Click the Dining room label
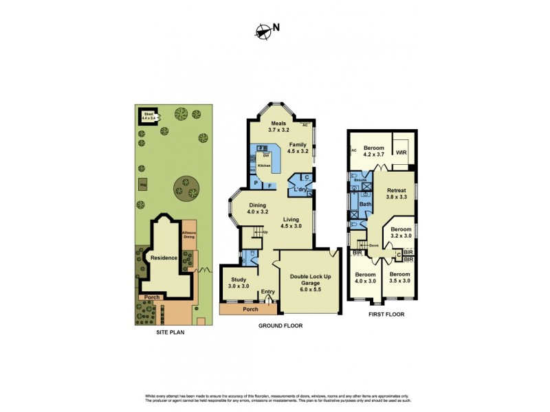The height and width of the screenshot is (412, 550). pyautogui.click(x=258, y=208)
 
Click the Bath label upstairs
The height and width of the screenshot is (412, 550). pyautogui.click(x=366, y=203)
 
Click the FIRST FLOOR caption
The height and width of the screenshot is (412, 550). pyautogui.click(x=386, y=314)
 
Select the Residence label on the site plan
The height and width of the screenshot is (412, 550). pyautogui.click(x=165, y=258)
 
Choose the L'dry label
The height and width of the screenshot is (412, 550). pyautogui.click(x=300, y=189)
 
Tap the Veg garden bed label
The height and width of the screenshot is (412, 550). pyautogui.click(x=143, y=184)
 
